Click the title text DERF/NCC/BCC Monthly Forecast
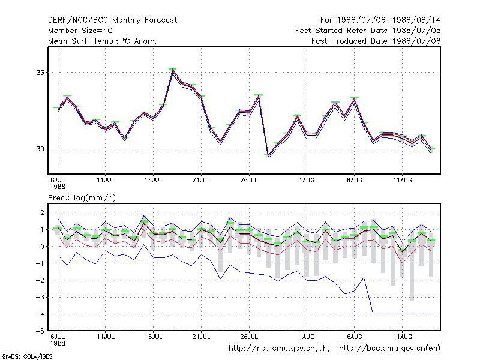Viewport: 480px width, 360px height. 112,20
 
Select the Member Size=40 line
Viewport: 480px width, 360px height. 80,31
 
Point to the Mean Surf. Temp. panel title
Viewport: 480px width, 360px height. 103,41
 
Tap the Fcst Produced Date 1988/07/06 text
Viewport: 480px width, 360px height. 376,41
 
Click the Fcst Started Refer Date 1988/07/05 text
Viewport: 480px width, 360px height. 368,31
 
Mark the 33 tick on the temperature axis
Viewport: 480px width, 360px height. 40,73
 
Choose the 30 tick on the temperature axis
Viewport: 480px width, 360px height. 40,149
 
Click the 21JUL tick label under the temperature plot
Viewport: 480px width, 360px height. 201,180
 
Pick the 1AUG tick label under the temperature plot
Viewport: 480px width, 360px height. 307,180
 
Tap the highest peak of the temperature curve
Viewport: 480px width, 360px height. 173,70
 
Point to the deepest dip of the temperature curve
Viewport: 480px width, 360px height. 268,157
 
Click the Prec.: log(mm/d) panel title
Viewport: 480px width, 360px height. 82,198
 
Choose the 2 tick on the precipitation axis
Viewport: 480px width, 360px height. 42,212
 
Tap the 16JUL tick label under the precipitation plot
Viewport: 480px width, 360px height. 154,337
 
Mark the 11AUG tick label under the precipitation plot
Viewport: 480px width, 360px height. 403,337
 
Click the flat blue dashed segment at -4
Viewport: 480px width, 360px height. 403,314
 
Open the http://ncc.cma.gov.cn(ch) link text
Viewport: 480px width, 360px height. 279,349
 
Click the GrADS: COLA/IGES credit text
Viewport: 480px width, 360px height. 27,356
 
